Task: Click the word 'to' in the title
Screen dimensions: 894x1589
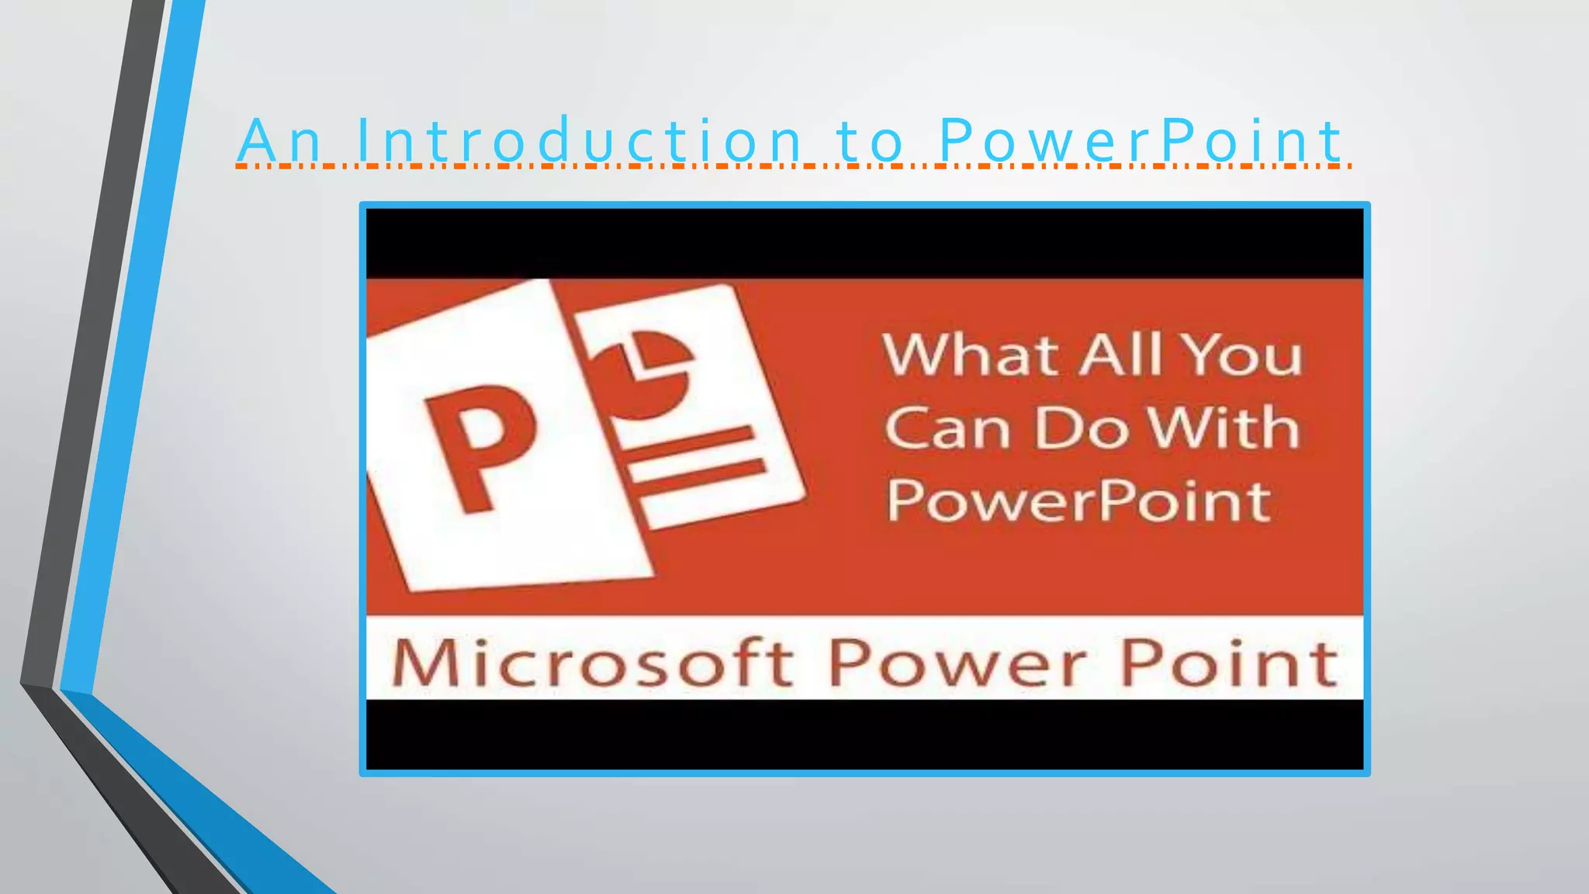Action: coord(871,141)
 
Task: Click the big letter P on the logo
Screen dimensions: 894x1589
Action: coord(479,446)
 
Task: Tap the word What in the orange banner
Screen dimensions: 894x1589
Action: coord(970,355)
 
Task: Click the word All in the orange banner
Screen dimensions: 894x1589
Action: coord(1123,355)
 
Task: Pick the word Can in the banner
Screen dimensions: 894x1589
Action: coord(947,429)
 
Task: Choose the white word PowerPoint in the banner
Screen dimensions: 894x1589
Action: coord(1078,501)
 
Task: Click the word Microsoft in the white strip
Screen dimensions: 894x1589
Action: coord(591,664)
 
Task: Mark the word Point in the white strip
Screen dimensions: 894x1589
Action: coord(1230,664)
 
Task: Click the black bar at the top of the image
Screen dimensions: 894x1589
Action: coord(864,242)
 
